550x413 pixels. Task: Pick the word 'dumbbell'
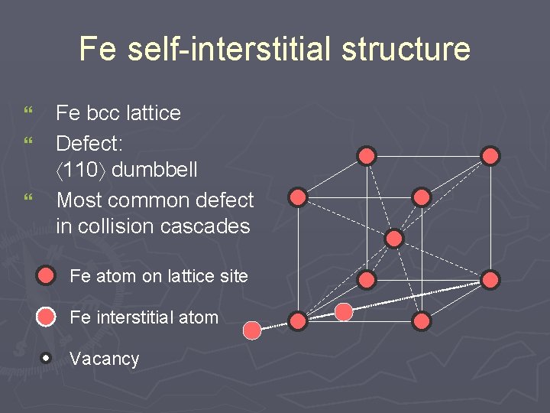tap(155, 170)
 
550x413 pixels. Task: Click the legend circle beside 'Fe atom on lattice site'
tap(47, 275)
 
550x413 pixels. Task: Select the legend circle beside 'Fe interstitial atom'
tap(47, 317)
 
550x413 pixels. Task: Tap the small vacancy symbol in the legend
tap(47, 358)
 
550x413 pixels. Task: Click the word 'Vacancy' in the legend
tap(105, 359)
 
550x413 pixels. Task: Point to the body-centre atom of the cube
tap(394, 239)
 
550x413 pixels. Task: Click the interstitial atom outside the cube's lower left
tap(252, 330)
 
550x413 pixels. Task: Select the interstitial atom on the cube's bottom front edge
tap(345, 311)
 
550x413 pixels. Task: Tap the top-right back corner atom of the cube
tap(490, 156)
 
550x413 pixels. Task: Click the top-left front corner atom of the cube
tap(298, 197)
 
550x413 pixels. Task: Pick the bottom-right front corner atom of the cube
tap(422, 321)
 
